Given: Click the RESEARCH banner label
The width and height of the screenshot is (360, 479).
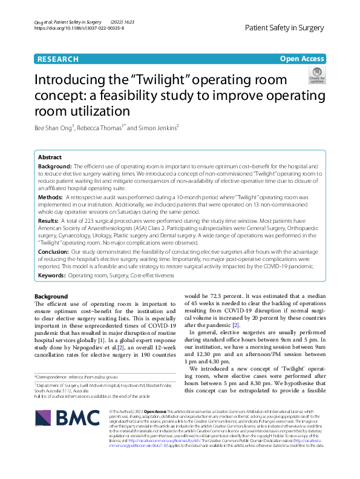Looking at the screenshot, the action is pos(58,59).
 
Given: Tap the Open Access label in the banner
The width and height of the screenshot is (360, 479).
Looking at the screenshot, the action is pos(301,59).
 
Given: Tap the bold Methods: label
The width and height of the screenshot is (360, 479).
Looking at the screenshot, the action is pos(50,197).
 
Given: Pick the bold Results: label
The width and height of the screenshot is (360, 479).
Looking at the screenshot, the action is pos(49,222).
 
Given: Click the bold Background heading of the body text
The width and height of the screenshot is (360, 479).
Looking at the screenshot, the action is pos(51,296).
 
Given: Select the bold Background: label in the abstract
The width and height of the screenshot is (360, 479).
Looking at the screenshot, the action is pos(55,165).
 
